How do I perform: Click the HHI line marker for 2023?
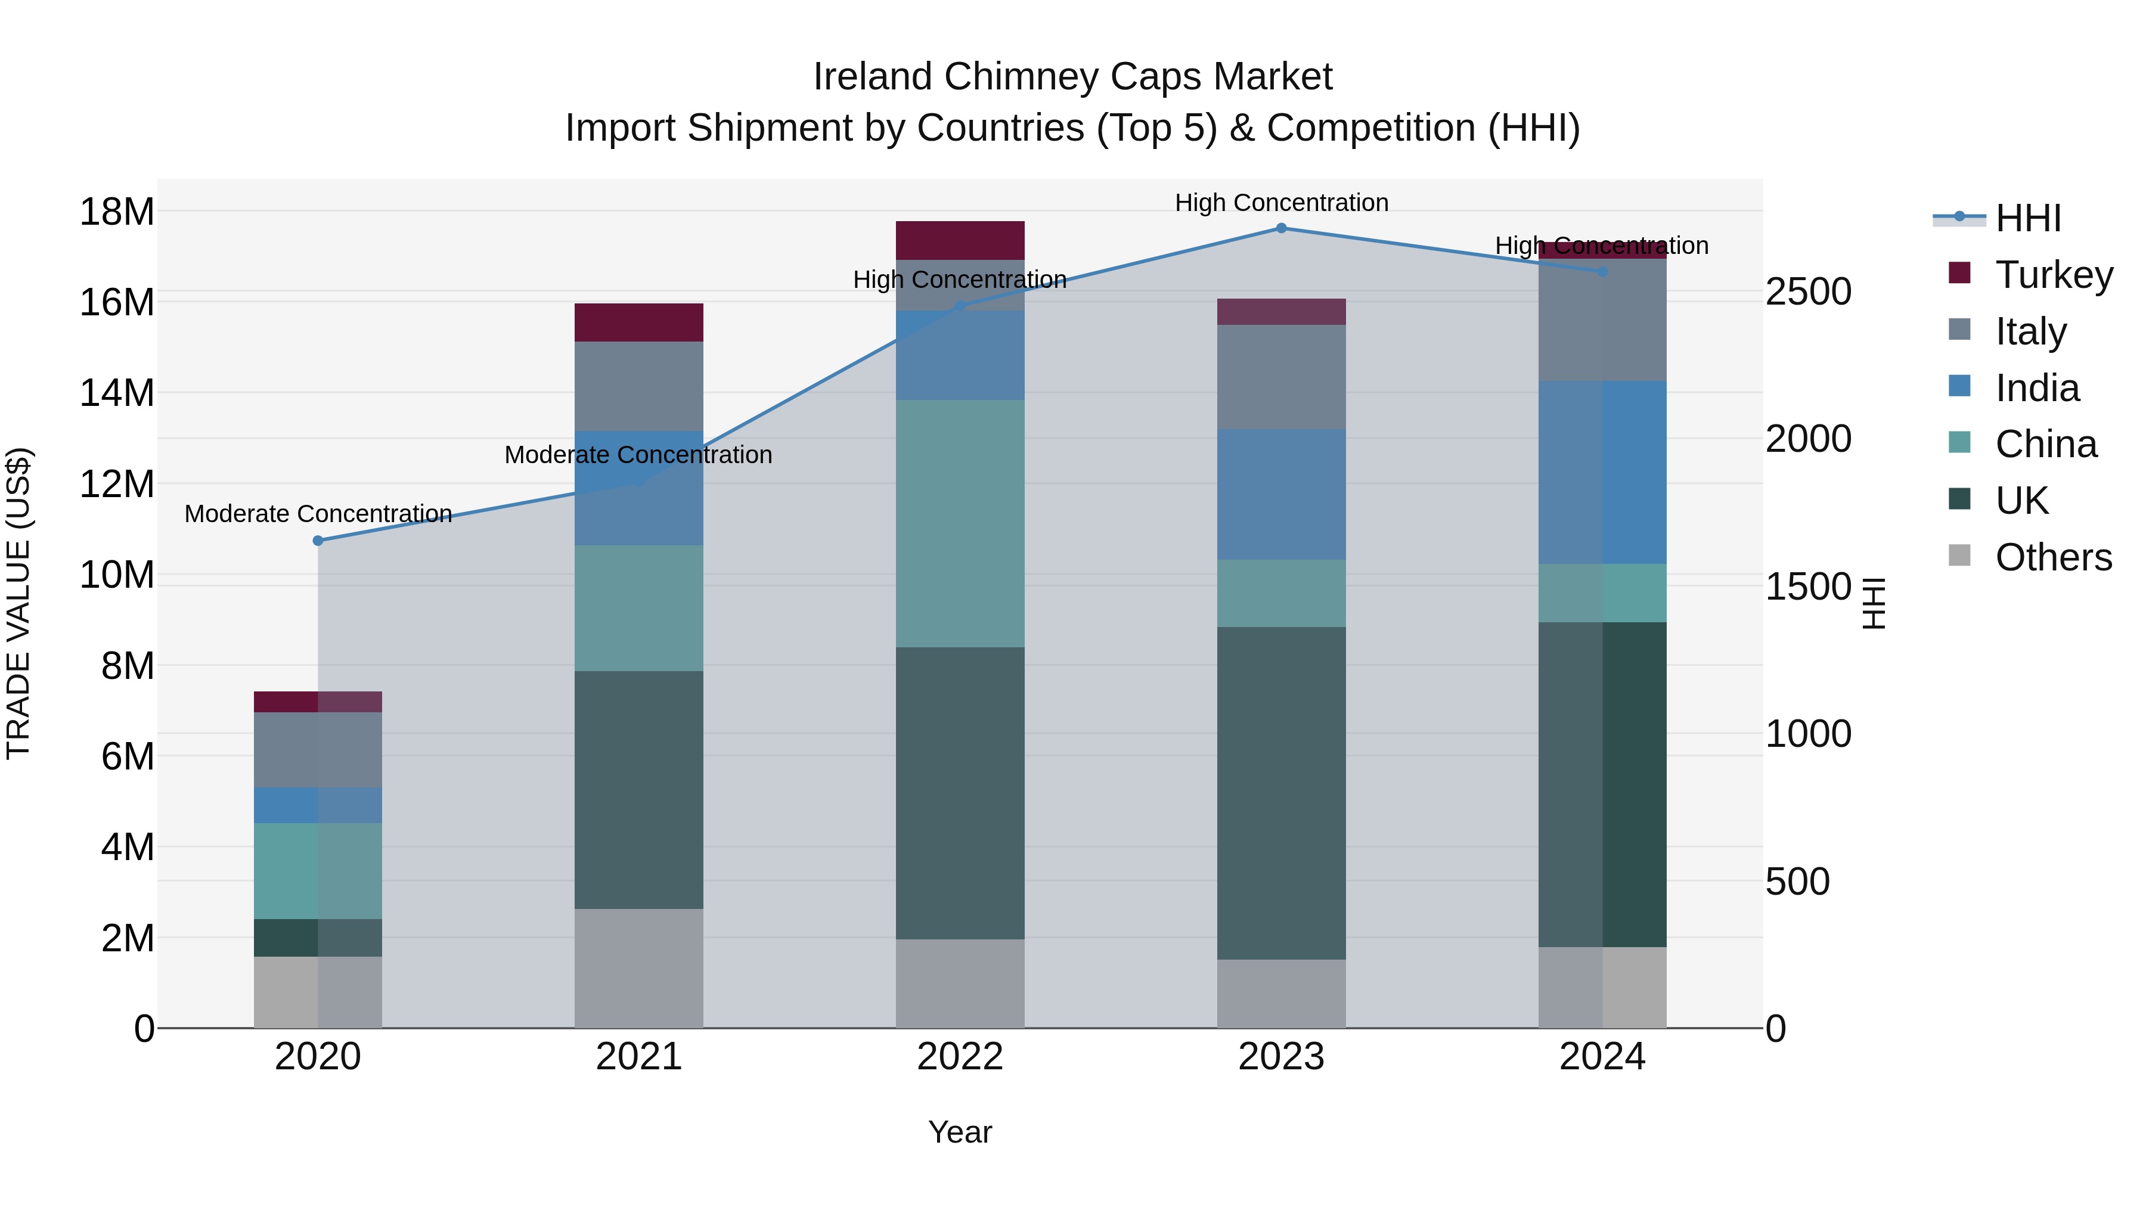coord(1280,228)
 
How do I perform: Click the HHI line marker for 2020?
coord(318,541)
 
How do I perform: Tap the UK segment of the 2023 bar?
coord(1280,792)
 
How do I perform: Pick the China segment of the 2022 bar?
coord(960,523)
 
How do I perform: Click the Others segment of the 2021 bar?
coord(639,968)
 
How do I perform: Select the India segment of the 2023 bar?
coord(1280,494)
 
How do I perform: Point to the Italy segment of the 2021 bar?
coord(639,386)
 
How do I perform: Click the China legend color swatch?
coord(1959,442)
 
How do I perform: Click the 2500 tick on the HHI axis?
coord(1808,291)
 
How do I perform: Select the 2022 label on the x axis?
coord(960,1057)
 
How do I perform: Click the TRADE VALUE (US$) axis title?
coord(19,603)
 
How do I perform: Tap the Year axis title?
coord(960,1132)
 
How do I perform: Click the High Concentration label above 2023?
coord(1280,203)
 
